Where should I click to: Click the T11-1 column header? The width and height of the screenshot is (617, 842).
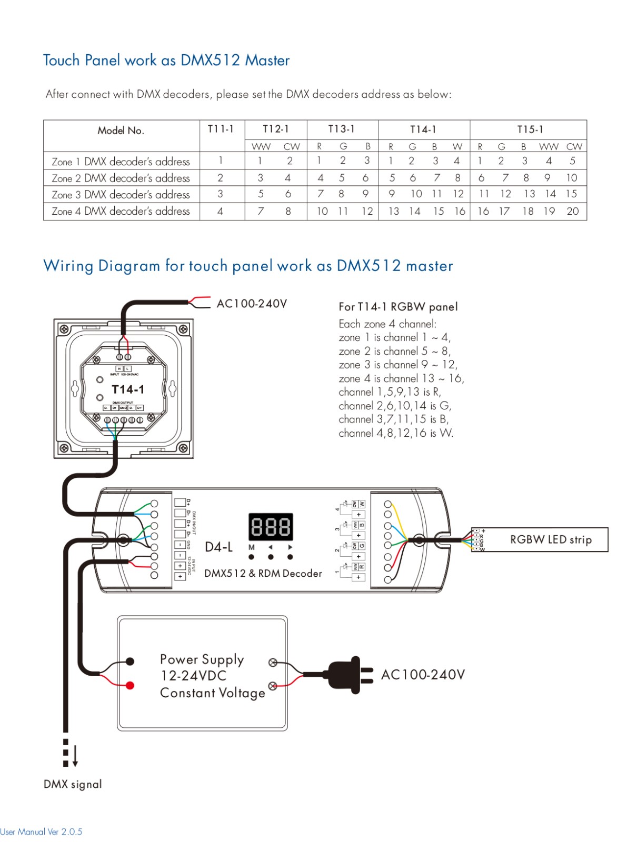221,129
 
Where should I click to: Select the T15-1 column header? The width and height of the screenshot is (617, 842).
530,129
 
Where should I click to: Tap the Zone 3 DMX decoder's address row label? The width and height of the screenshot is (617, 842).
121,195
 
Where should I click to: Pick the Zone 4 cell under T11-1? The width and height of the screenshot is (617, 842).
221,212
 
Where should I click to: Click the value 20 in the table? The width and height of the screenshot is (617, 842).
573,212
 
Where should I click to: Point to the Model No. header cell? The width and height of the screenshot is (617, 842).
121,131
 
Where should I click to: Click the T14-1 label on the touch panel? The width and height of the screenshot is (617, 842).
128,389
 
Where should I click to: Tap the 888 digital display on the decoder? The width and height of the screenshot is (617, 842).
271,526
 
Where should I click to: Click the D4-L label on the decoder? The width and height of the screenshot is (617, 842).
218,547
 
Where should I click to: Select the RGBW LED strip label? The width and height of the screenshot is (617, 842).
551,540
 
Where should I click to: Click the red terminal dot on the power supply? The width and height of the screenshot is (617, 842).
130,685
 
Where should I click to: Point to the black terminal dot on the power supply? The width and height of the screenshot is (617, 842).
130,661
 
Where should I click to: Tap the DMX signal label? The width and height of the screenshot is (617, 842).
73,784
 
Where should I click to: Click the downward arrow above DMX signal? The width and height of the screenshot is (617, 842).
75,756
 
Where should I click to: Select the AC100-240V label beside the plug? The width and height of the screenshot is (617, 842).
423,675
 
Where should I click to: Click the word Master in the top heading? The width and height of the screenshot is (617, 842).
267,61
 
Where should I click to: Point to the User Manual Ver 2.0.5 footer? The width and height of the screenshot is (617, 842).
41,832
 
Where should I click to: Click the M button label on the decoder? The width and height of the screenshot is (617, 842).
252,547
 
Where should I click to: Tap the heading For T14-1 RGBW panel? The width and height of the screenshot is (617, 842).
398,307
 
